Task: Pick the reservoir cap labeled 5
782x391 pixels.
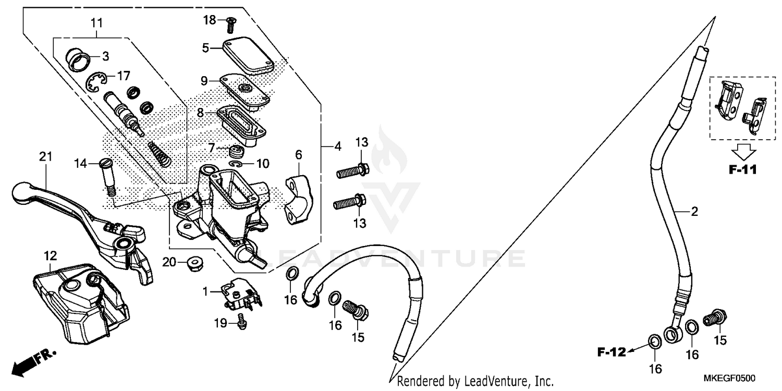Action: tap(248, 55)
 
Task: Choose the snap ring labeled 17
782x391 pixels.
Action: tap(96, 82)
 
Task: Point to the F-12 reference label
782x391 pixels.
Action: tap(611, 353)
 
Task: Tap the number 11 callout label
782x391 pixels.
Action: tap(96, 23)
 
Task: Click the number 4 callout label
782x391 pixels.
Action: tap(337, 147)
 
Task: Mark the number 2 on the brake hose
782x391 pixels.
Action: tap(693, 211)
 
